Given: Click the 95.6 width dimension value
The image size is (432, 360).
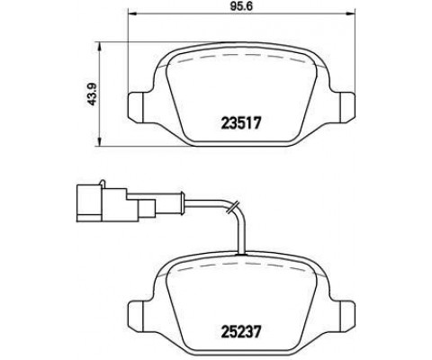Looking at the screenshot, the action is click(242, 6).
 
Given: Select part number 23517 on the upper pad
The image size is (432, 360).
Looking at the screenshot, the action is click(241, 123).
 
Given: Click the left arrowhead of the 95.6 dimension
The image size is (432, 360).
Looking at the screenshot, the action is click(132, 13).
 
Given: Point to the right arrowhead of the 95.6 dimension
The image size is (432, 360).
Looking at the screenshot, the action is click(350, 13).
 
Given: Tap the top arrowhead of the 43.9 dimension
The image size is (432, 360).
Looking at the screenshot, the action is click(100, 46).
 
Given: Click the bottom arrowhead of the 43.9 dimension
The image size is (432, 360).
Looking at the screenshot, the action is click(100, 142).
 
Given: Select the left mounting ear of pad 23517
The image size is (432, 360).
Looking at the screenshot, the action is click(136, 107).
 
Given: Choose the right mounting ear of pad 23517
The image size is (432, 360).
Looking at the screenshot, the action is click(347, 107).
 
